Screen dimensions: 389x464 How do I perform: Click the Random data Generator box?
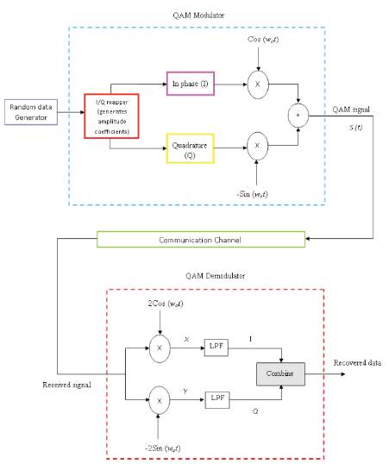(x=31, y=112)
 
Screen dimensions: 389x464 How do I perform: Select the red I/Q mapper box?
(x=111, y=116)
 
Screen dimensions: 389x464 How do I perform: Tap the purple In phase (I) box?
(x=191, y=84)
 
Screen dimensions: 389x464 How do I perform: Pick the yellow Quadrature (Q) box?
(x=190, y=148)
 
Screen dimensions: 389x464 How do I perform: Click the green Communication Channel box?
(x=201, y=240)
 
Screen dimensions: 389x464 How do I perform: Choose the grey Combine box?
(x=280, y=374)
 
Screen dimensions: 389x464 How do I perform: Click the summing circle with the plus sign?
(x=298, y=116)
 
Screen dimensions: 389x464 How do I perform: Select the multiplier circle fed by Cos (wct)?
(x=258, y=85)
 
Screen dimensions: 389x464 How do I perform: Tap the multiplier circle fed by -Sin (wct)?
(x=258, y=146)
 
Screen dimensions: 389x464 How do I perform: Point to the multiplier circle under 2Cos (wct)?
(x=160, y=348)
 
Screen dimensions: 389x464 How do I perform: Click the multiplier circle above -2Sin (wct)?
(x=160, y=400)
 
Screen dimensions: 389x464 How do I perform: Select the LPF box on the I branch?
(x=216, y=348)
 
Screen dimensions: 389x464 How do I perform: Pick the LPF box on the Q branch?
(x=217, y=400)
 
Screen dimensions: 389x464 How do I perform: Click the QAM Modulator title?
(x=198, y=15)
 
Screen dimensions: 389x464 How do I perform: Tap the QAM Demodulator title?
(x=216, y=276)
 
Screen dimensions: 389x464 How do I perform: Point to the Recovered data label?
(x=357, y=363)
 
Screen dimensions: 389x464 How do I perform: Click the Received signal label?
(x=67, y=385)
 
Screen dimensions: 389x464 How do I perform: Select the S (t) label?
(x=355, y=128)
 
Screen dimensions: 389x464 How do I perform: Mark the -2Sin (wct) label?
(x=163, y=448)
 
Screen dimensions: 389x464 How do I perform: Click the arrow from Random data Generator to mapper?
(x=71, y=112)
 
